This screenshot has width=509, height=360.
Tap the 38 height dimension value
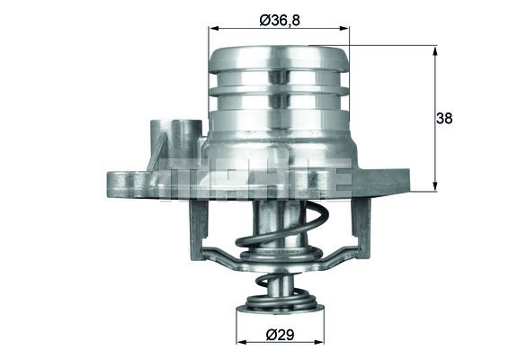(445, 117)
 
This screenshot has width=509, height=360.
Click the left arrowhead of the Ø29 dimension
(240, 343)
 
